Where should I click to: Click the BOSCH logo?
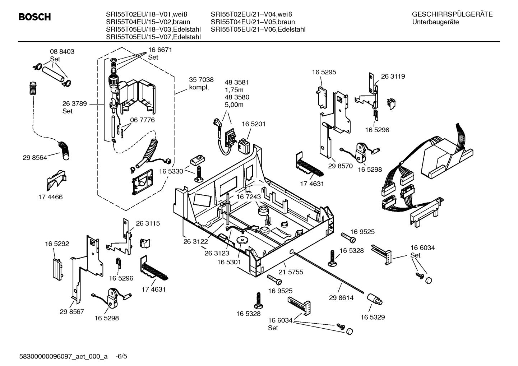34,17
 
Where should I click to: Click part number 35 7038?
201,80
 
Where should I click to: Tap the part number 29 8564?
35,157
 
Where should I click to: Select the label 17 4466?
50,197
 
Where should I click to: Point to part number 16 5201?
253,124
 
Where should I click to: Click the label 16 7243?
249,197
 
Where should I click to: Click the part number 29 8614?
341,298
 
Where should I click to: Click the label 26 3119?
393,76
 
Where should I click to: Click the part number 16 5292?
57,244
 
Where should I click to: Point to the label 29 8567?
72,311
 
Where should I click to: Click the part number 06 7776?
142,120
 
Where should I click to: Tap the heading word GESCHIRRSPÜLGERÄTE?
452,14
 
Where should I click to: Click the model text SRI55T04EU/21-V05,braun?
253,22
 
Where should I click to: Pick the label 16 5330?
171,171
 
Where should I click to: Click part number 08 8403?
62,51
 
